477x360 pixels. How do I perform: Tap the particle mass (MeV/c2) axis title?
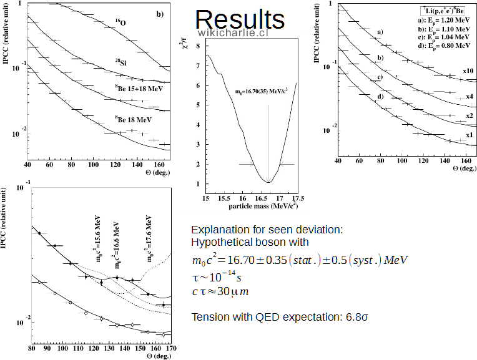(x=252, y=205)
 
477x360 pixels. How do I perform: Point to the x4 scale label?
(x=470, y=97)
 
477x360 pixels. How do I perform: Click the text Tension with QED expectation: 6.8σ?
(x=279, y=316)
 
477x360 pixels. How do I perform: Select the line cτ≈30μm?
(x=221, y=291)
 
